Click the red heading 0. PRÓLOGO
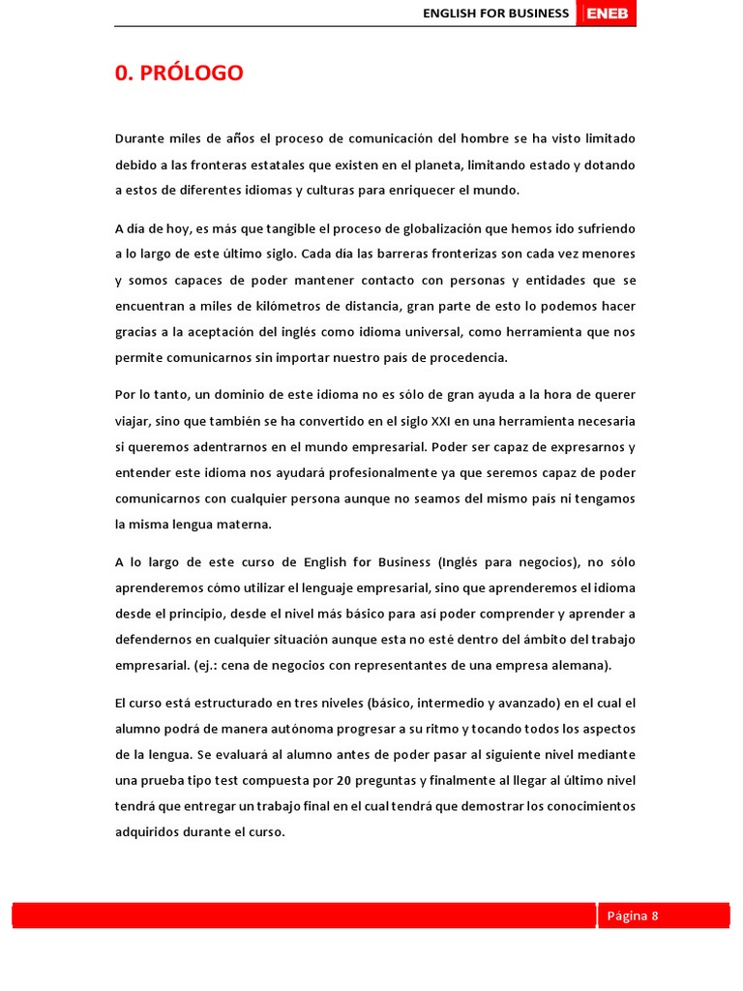coord(179,74)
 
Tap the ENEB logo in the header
coord(607,14)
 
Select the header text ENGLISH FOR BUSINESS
coord(496,14)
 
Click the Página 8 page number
coord(633,916)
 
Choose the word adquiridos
coord(147,831)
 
